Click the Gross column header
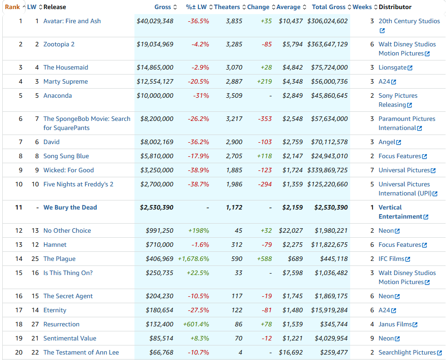[x=162, y=7]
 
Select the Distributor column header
[x=395, y=7]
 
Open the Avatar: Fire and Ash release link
[x=72, y=21]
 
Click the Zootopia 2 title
[x=59, y=44]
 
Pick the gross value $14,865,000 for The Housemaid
[x=155, y=67]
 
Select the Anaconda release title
[x=57, y=95]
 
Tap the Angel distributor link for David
[x=387, y=142]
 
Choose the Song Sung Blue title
[x=66, y=156]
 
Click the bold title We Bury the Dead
[x=70, y=207]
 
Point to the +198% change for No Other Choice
[x=198, y=230]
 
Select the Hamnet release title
[x=55, y=245]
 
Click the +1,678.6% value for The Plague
[x=193, y=259]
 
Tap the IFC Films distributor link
[x=391, y=259]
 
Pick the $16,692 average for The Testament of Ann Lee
[x=292, y=352]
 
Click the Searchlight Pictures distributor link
[x=407, y=352]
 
